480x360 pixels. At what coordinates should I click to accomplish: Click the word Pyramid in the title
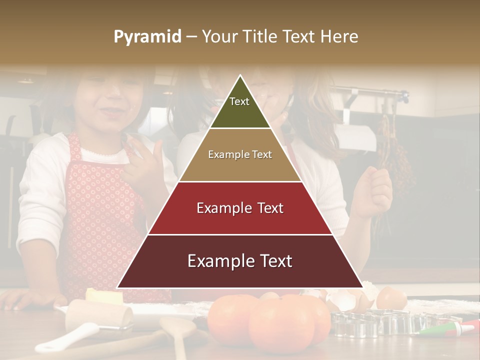pos(147,37)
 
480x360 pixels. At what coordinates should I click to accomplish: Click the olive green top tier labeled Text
pos(239,107)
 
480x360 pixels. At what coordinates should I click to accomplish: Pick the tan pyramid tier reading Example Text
pos(240,155)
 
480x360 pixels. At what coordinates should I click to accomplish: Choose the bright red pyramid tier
pos(240,208)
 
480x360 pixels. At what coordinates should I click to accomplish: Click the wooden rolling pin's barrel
pos(100,315)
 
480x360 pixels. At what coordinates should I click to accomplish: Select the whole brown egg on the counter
pos(391,298)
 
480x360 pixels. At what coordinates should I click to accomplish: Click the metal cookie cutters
pos(380,322)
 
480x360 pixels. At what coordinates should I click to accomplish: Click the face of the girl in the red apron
pos(108,105)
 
